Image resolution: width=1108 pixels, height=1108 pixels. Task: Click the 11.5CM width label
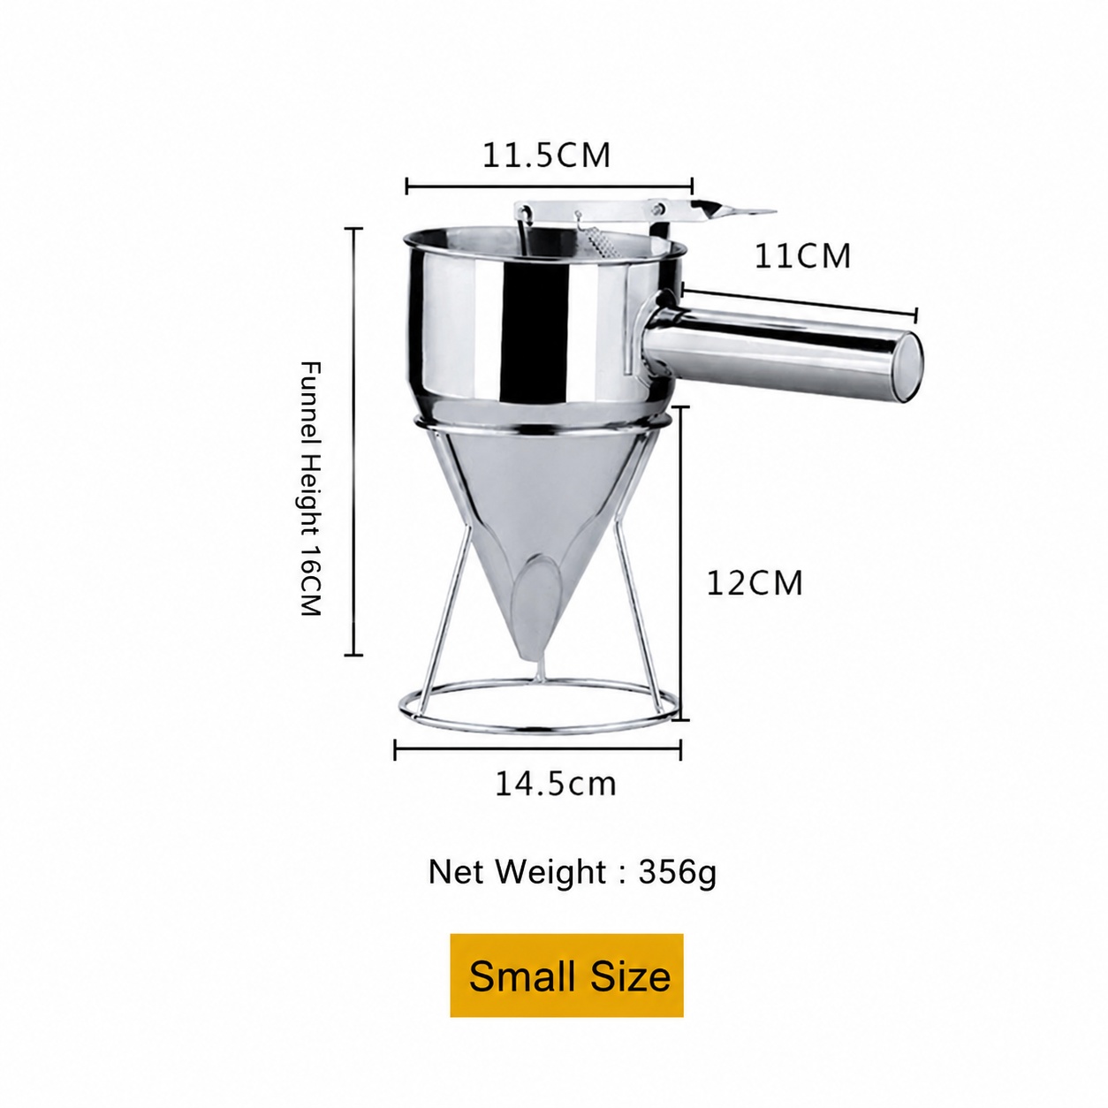(546, 156)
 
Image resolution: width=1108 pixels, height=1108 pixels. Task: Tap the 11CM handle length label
(802, 256)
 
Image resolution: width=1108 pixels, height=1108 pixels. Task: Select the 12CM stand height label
(754, 583)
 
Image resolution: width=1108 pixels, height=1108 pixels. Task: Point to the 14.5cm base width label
(555, 783)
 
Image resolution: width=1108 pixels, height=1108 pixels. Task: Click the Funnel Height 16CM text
(310, 489)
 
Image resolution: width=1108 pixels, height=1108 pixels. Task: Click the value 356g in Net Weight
(678, 872)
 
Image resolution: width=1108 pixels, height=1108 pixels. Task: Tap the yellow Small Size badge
(566, 975)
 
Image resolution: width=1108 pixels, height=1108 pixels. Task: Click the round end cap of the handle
(907, 367)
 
